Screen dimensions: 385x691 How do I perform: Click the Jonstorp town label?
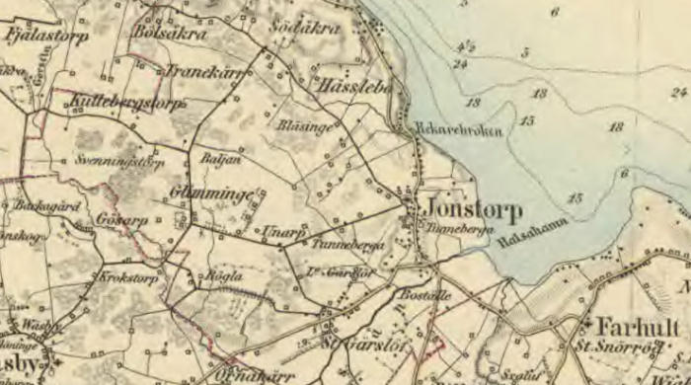tap(474, 211)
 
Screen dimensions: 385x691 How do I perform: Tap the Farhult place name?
tap(638, 327)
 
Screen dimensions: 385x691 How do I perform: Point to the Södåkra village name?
tap(305, 29)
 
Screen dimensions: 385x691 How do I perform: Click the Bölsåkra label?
tap(170, 34)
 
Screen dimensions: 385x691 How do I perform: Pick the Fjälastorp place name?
tap(46, 36)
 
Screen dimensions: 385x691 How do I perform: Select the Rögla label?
tap(220, 277)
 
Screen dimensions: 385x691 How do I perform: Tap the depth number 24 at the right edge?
tap(678, 92)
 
